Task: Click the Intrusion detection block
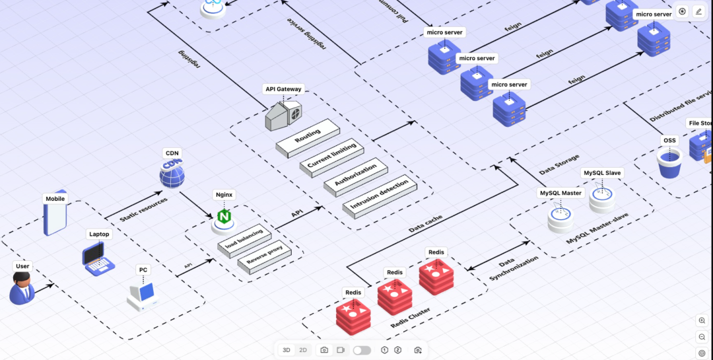[379, 194]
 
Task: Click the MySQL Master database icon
[560, 218]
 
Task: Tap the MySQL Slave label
[601, 173]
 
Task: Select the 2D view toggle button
[303, 350]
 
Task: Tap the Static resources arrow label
[143, 209]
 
